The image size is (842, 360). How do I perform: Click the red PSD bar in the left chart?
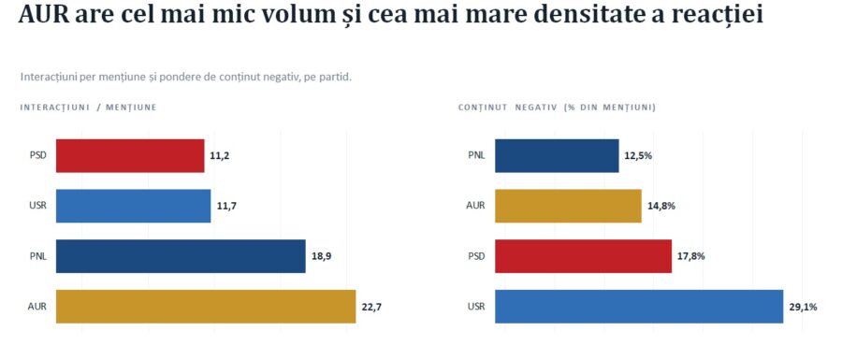click(130, 155)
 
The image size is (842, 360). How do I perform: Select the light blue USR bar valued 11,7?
click(133, 206)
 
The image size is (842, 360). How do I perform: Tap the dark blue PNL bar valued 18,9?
click(181, 256)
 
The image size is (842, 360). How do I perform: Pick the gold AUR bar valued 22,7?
click(206, 307)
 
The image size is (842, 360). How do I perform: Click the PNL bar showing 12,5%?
click(557, 155)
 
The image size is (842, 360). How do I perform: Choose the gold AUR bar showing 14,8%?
click(568, 206)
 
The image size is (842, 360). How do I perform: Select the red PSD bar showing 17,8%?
click(583, 256)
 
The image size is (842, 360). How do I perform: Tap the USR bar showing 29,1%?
click(639, 307)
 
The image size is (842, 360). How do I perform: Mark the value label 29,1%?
click(804, 307)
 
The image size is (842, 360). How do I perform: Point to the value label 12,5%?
click(638, 156)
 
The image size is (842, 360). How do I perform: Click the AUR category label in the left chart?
click(37, 307)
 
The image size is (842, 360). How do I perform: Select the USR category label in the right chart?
click(476, 307)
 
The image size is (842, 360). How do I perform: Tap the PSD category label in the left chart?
click(38, 156)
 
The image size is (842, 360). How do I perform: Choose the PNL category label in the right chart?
click(476, 156)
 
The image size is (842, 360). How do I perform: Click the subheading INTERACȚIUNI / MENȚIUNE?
click(88, 108)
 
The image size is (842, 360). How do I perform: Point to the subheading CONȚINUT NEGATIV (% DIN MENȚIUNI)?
click(557, 108)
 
